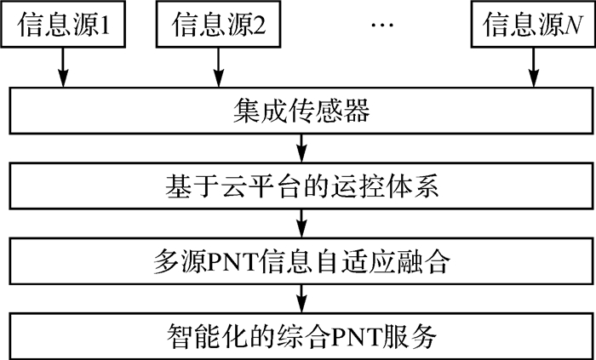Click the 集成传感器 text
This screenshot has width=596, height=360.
297,110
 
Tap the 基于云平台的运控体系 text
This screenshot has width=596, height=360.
297,184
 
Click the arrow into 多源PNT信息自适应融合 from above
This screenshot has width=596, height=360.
299,221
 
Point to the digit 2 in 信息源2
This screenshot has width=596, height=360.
262,24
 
